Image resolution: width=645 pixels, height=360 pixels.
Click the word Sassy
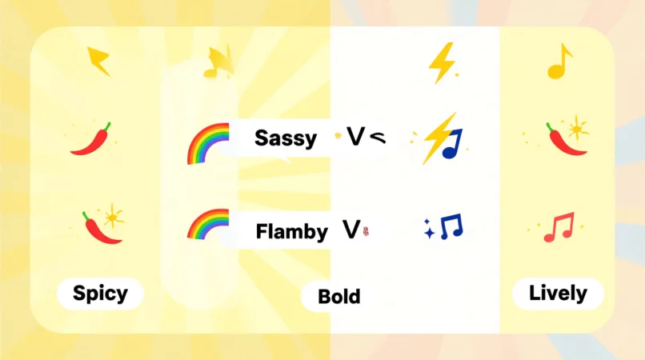pyautogui.click(x=285, y=138)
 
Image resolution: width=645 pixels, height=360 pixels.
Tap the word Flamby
pyautogui.click(x=291, y=233)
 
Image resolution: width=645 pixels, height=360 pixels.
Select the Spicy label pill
pyautogui.click(x=100, y=293)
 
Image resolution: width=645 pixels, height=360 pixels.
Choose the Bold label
pyautogui.click(x=339, y=297)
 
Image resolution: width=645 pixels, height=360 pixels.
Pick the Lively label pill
pyautogui.click(x=558, y=293)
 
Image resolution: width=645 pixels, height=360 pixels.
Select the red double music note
pyautogui.click(x=559, y=226)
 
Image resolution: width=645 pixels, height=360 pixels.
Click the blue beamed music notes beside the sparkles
pyautogui.click(x=451, y=226)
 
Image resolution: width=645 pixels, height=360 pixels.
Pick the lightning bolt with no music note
pyautogui.click(x=441, y=62)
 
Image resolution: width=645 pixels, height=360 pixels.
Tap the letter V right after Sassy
pyautogui.click(x=355, y=137)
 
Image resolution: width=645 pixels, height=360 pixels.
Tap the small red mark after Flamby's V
pyautogui.click(x=367, y=234)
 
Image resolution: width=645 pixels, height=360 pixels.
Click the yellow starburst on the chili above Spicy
pyautogui.click(x=114, y=215)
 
